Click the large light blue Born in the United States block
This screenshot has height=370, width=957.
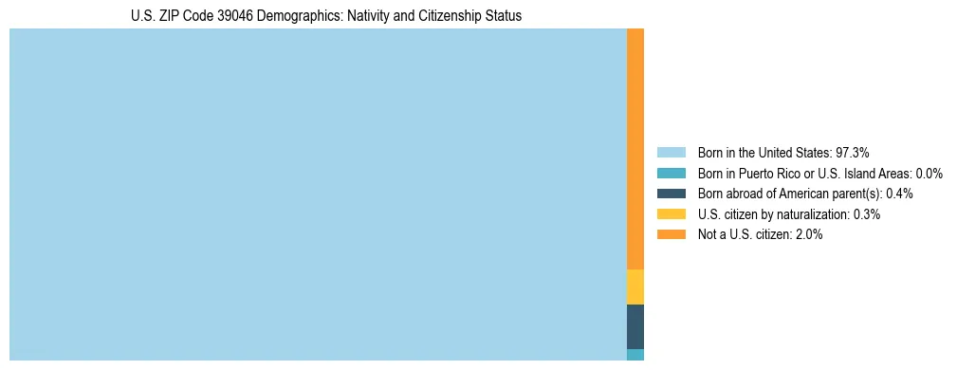318,194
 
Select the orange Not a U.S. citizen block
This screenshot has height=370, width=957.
635,149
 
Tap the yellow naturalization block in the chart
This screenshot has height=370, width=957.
635,287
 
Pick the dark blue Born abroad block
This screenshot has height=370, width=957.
635,326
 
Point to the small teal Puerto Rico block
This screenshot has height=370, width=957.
635,355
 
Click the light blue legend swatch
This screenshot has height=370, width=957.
671,153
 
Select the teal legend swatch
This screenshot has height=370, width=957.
671,174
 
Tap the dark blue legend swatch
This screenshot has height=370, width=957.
671,194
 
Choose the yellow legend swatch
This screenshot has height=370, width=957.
671,214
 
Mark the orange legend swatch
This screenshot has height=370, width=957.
671,234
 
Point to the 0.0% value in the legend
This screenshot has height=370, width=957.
929,174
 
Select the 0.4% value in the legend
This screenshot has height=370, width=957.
899,194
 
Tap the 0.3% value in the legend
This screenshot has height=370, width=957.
867,214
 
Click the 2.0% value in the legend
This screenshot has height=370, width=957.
809,234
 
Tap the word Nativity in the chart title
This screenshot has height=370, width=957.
356,16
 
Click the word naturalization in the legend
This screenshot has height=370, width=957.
812,214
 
